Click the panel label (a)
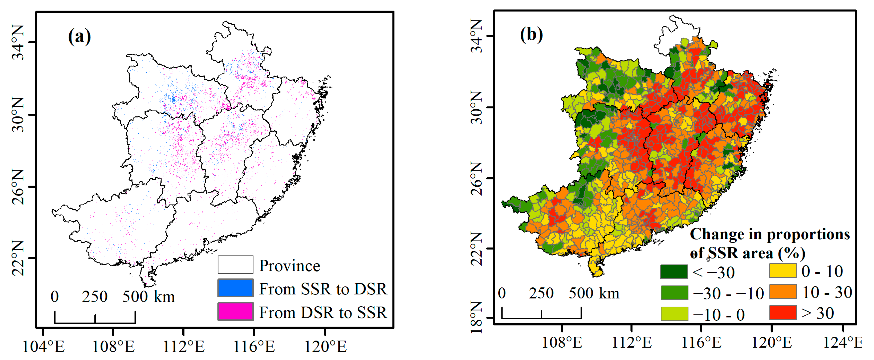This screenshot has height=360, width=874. pos(79,36)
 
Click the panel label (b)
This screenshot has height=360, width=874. pos(531,35)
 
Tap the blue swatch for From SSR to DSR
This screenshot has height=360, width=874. pos(235,288)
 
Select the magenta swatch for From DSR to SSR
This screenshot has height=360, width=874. pos(235,311)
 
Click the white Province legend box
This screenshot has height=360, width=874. pos(235,265)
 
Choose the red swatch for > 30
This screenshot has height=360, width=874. pos(783,312)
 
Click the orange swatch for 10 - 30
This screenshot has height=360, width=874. pos(783,292)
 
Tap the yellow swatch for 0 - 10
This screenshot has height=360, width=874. pos(783,271)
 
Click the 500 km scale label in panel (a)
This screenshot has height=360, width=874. pos(148,297)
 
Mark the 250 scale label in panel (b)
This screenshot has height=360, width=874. pos(541,293)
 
